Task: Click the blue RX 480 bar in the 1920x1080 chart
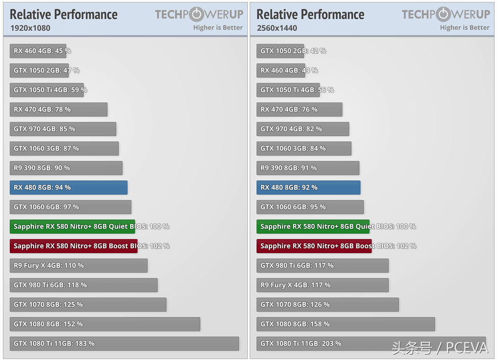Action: (x=68, y=188)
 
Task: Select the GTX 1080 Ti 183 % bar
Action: (x=124, y=344)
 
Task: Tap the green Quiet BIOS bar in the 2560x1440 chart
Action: (x=313, y=227)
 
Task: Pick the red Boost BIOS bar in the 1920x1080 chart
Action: (x=73, y=246)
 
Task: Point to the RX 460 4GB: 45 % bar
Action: (x=38, y=51)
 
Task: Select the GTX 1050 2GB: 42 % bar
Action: (x=280, y=51)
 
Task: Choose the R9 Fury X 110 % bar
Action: (x=79, y=266)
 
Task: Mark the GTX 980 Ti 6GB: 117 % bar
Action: (x=322, y=266)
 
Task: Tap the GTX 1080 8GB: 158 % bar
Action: (x=345, y=324)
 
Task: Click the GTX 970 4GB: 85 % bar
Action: (x=63, y=129)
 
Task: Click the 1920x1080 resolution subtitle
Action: (x=30, y=28)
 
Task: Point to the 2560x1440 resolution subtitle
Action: (x=277, y=28)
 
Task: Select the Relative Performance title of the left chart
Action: (x=64, y=15)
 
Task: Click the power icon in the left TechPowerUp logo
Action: (x=197, y=14)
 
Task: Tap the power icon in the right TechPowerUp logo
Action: (x=443, y=14)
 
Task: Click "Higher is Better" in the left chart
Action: (x=218, y=28)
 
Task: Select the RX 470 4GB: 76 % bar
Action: (x=299, y=110)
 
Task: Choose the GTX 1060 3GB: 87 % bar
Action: (x=64, y=149)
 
